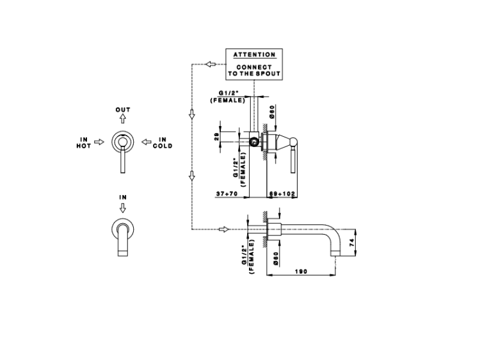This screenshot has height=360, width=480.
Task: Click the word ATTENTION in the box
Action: click(x=254, y=55)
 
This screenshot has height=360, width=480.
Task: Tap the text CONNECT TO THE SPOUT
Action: click(x=254, y=70)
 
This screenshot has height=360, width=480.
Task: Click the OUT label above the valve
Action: click(x=123, y=110)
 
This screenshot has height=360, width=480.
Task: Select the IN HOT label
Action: click(x=84, y=142)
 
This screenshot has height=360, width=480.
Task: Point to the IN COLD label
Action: click(x=162, y=142)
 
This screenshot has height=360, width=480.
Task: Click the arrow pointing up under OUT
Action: click(x=123, y=120)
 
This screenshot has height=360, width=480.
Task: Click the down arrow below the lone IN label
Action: click(x=122, y=208)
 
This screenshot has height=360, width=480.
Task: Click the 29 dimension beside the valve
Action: click(x=217, y=136)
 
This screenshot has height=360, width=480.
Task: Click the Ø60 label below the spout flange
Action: click(x=275, y=258)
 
